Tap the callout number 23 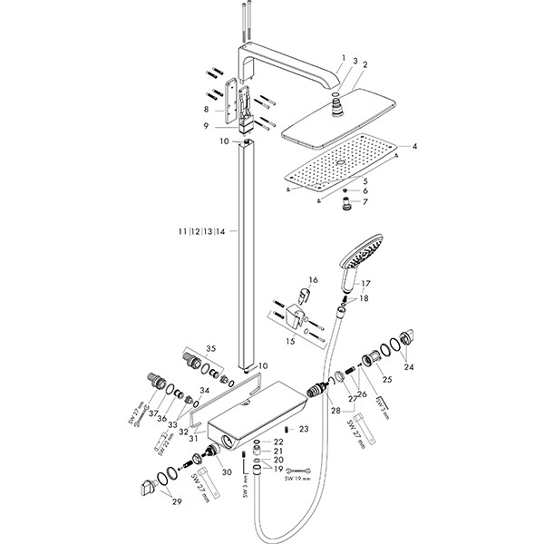tap(304, 428)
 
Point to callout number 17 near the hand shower tap(365, 284)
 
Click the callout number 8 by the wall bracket tap(207, 109)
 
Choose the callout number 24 tap(409, 367)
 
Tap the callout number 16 tap(313, 280)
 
